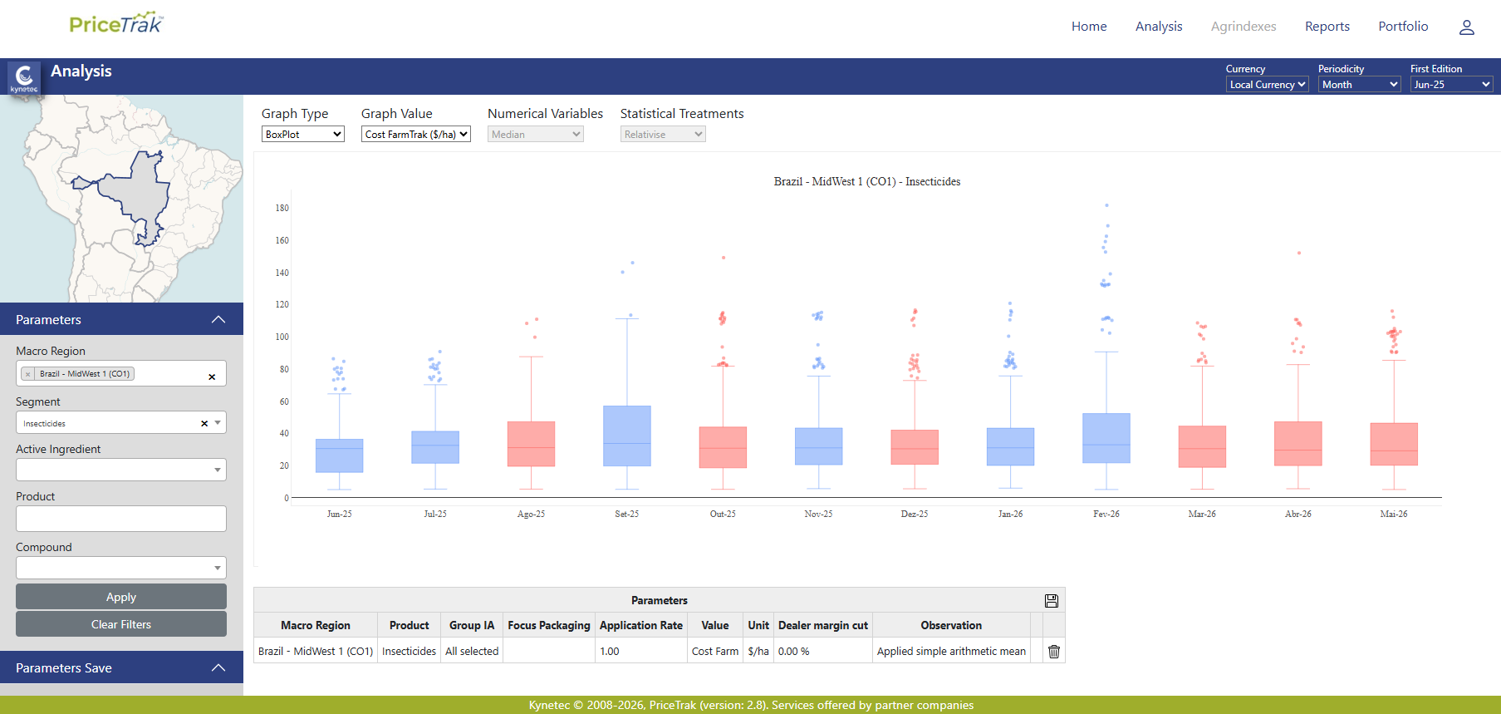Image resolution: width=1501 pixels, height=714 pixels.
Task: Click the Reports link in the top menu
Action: [x=1327, y=27]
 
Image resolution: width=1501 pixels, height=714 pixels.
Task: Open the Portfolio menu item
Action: [x=1403, y=27]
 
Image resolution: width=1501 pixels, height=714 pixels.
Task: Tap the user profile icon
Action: [x=1467, y=27]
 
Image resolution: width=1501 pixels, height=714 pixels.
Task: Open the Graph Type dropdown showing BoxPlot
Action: [x=303, y=134]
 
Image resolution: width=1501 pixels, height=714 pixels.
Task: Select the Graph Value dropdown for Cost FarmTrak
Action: [x=416, y=134]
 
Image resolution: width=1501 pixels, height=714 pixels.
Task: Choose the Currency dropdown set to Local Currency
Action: [x=1268, y=84]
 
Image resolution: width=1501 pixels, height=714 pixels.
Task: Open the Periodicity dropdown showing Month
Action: [x=1360, y=84]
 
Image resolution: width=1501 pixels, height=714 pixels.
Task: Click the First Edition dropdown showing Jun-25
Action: [x=1452, y=84]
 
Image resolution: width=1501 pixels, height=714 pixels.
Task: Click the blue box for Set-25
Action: [x=627, y=436]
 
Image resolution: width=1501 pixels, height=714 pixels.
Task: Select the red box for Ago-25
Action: [x=531, y=444]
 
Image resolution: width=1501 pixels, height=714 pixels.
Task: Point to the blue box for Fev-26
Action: [x=1106, y=438]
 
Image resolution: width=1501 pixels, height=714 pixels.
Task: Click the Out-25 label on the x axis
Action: [x=723, y=514]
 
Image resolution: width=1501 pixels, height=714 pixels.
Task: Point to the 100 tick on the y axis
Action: [x=282, y=337]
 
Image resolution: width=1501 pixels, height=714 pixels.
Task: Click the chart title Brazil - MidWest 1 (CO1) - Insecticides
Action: [x=867, y=181]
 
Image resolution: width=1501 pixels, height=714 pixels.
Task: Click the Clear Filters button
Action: [x=121, y=624]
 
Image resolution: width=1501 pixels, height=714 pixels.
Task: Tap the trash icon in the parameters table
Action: [x=1054, y=652]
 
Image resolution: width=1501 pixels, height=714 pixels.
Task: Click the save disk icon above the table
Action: [x=1052, y=601]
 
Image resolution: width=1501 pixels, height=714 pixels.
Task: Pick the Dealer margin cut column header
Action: [x=823, y=625]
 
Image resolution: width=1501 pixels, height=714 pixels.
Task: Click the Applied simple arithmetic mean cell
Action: [x=951, y=651]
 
